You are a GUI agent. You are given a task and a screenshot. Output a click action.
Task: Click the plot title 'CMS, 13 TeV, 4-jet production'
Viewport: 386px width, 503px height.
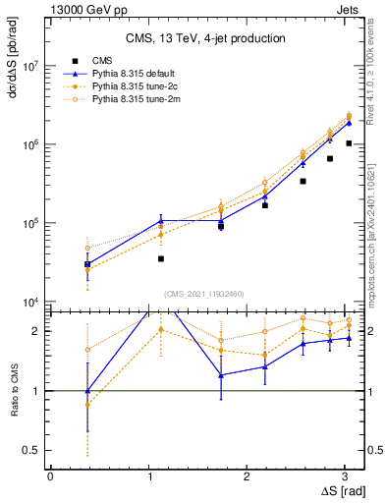pyautogui.click(x=205, y=38)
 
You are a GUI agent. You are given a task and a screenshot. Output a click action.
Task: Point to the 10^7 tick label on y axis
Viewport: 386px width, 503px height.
pyautogui.click(x=29, y=66)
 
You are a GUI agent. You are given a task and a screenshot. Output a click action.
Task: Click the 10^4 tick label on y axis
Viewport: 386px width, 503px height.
pyautogui.click(x=29, y=302)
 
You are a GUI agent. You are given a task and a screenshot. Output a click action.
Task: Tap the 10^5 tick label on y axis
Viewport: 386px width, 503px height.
pyautogui.click(x=29, y=223)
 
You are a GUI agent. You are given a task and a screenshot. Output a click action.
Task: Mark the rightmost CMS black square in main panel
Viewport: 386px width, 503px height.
pyautogui.click(x=349, y=143)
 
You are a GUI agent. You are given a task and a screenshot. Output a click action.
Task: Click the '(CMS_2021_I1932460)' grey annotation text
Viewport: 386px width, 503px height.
pyautogui.click(x=204, y=293)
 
